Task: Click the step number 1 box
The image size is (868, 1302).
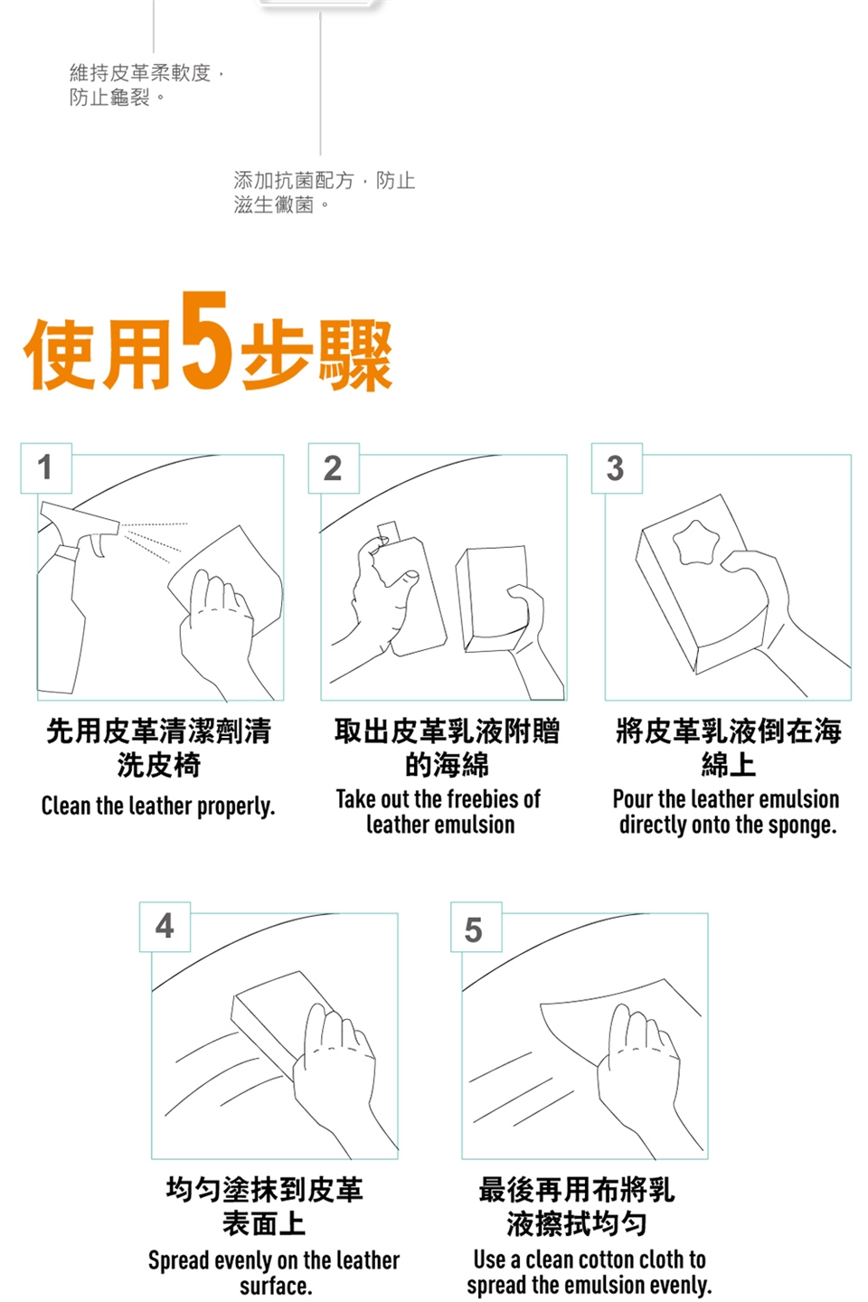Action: click(46, 468)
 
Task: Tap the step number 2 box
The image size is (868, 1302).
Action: click(334, 468)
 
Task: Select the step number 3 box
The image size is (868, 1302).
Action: click(617, 468)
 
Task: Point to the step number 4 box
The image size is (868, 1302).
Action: click(165, 927)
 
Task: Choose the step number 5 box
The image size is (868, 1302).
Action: click(476, 927)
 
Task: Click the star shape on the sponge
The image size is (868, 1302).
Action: click(695, 543)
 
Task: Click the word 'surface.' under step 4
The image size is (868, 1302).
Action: click(276, 1286)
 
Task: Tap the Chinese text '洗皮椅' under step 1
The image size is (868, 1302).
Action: click(159, 765)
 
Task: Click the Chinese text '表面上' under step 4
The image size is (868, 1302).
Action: click(264, 1223)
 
